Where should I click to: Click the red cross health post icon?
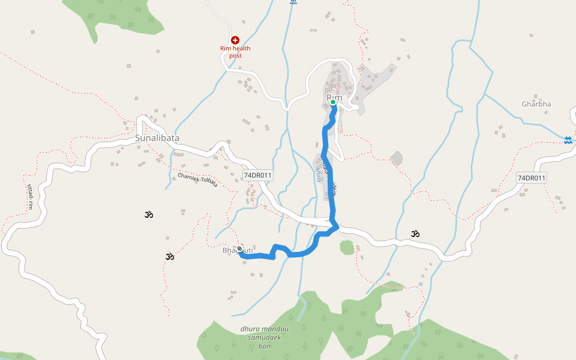(235, 40)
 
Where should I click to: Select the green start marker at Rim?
(333, 103)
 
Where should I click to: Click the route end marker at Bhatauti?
(239, 249)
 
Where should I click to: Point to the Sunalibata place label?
(157, 138)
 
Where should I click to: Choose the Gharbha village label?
(536, 104)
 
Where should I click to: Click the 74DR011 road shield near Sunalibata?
(258, 176)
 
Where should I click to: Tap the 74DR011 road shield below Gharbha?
(532, 178)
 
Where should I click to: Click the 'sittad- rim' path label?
(28, 197)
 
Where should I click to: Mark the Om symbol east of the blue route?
(415, 233)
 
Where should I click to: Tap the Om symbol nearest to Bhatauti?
(170, 257)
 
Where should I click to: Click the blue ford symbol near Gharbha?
(568, 140)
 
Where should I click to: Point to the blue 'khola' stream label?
(318, 174)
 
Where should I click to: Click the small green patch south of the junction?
(346, 247)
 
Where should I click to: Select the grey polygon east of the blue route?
(396, 158)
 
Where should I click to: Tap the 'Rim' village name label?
(334, 97)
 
